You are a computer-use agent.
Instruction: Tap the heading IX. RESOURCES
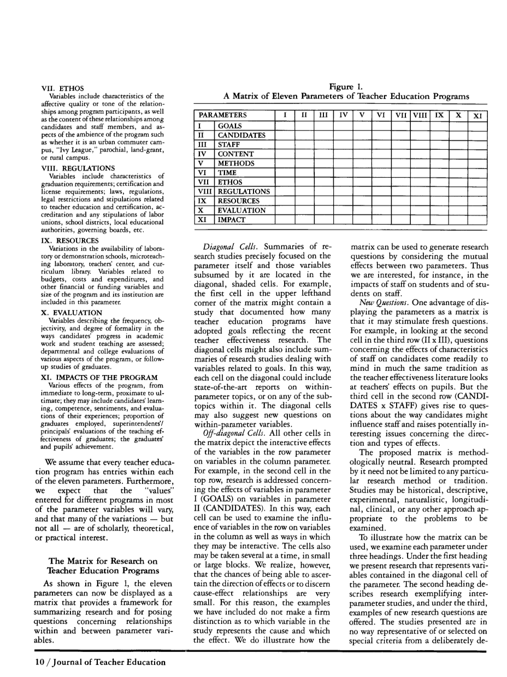(70, 241)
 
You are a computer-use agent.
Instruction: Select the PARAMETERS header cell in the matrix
(222, 115)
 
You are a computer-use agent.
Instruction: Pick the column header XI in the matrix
(477, 116)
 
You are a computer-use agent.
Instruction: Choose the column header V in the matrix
(362, 115)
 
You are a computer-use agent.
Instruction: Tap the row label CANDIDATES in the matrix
(241, 135)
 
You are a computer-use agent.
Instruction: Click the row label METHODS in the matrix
(236, 163)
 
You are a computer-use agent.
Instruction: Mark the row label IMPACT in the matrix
(232, 220)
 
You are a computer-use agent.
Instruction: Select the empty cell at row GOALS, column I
(285, 125)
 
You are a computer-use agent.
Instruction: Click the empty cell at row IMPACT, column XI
(477, 220)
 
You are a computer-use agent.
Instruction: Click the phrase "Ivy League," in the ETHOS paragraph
(74, 148)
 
